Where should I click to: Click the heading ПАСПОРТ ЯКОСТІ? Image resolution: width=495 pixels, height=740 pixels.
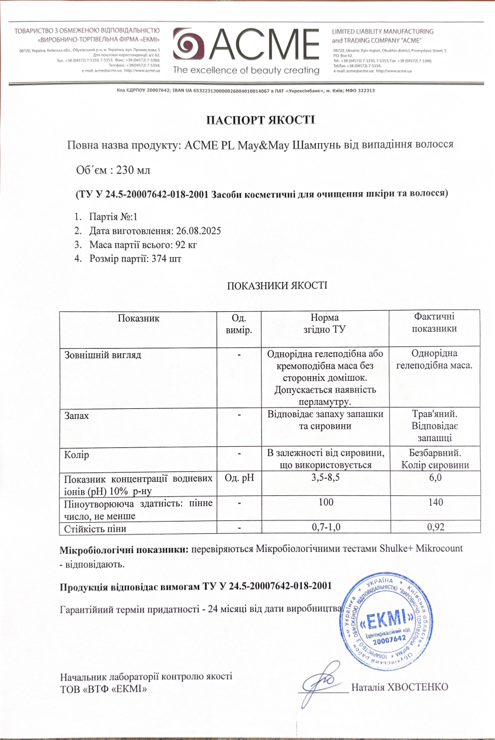point(260,120)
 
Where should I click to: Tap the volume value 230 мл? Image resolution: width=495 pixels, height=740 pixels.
point(134,170)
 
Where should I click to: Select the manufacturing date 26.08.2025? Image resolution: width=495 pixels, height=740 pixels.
point(196,230)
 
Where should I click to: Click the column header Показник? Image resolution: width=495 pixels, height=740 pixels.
point(138,318)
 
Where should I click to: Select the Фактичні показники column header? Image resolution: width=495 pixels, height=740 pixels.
point(434,322)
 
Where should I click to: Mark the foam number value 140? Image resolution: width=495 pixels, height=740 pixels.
point(434,502)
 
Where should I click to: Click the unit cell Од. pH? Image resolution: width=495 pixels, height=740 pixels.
point(238,478)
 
